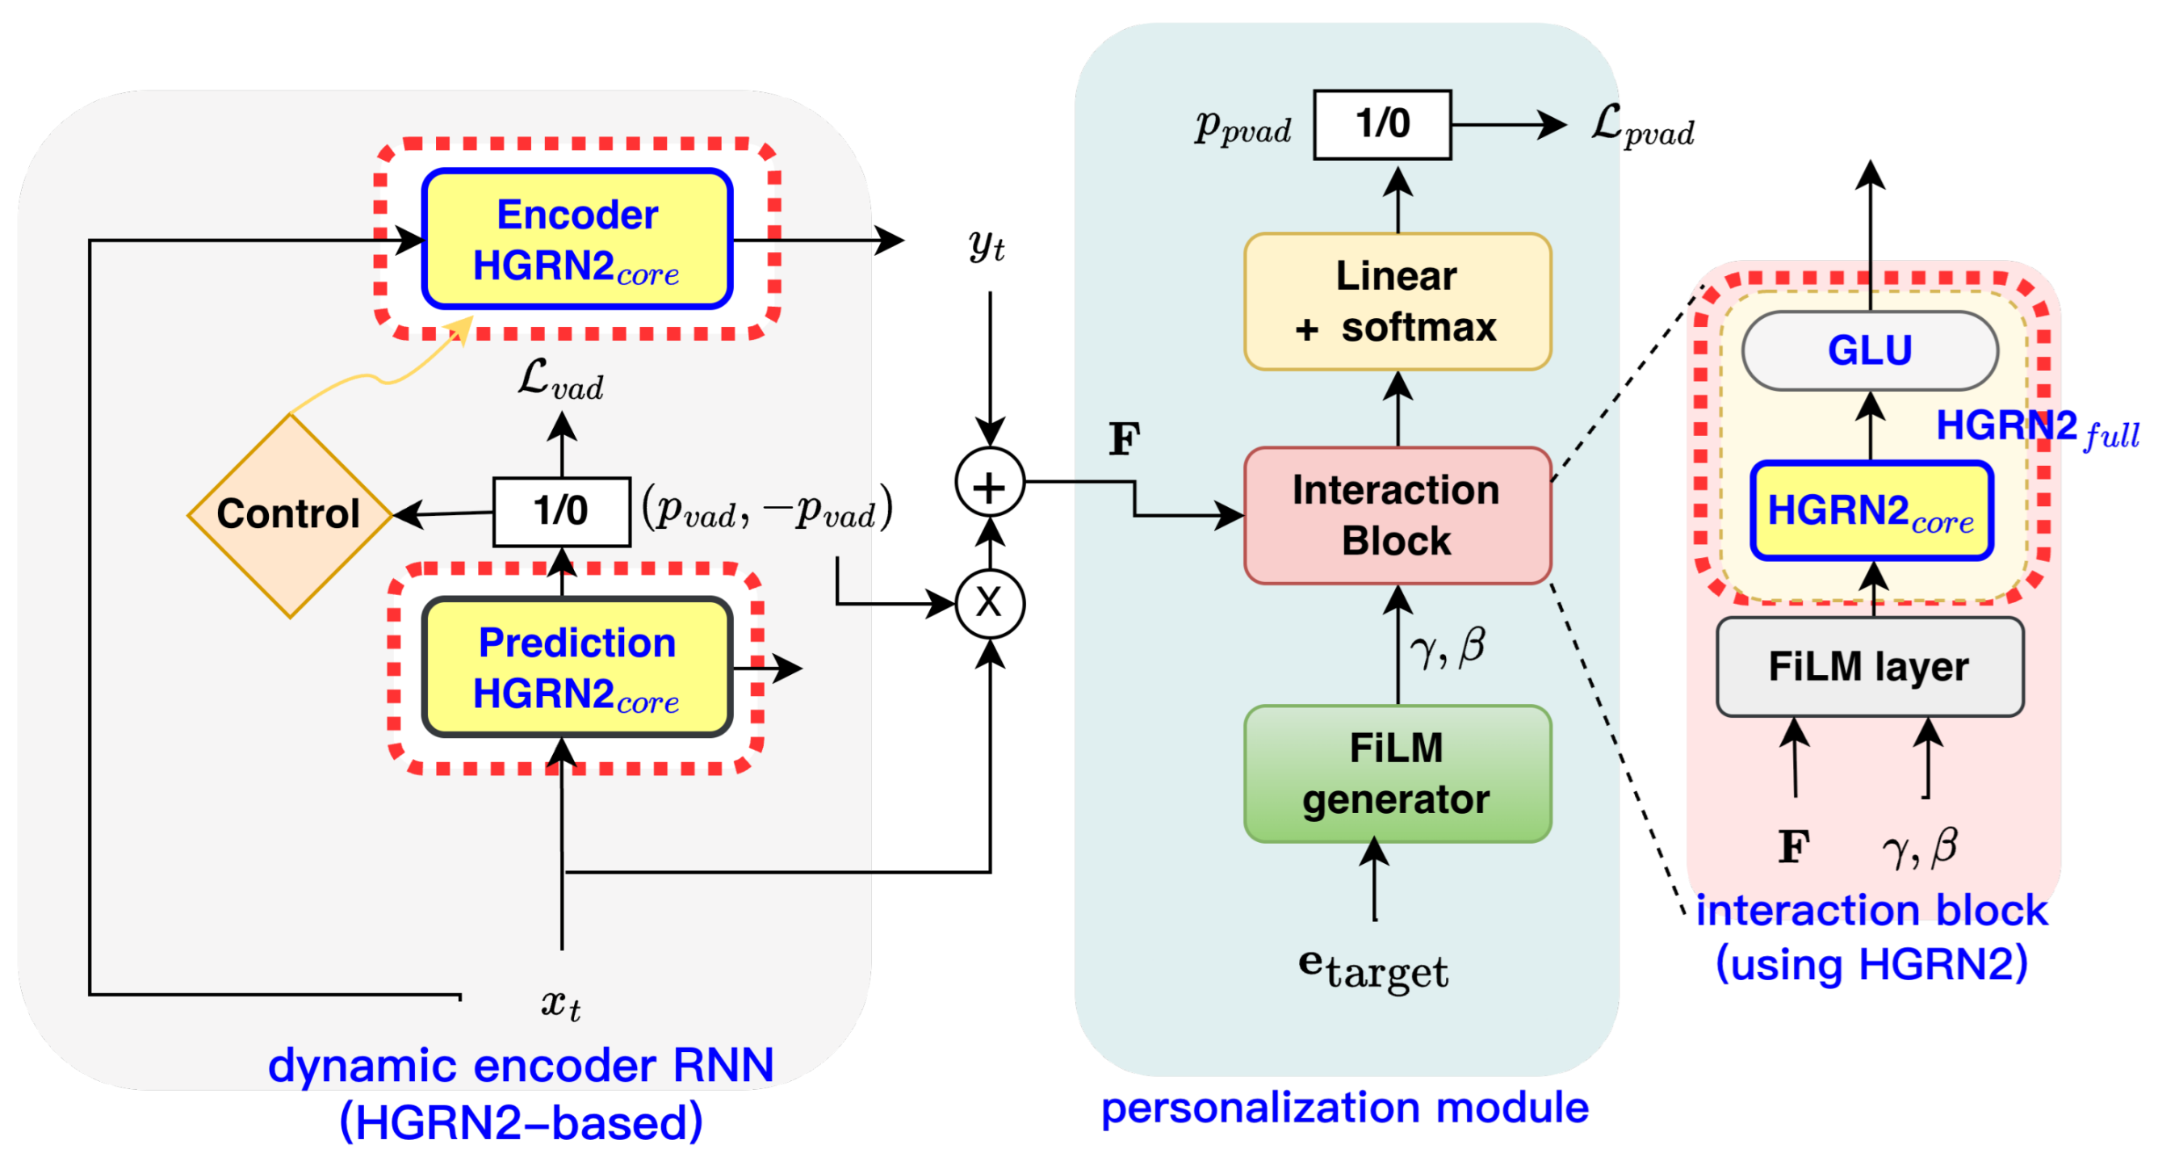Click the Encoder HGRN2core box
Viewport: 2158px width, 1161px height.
pyautogui.click(x=577, y=240)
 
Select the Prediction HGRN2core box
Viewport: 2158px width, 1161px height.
pyautogui.click(x=577, y=668)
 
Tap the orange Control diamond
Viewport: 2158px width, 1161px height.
pyautogui.click(x=290, y=514)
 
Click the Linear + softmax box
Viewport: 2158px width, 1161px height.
pyautogui.click(x=1397, y=302)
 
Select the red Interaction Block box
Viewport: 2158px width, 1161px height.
pyautogui.click(x=1397, y=515)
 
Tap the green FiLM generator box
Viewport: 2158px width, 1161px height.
pyautogui.click(x=1397, y=773)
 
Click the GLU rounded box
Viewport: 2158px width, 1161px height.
pyautogui.click(x=1869, y=350)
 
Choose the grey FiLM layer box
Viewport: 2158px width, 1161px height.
pyautogui.click(x=1869, y=667)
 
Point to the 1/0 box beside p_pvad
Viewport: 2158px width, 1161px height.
pyautogui.click(x=1381, y=124)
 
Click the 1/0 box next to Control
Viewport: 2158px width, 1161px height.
pyautogui.click(x=561, y=511)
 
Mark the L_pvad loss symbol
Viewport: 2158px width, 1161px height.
pyautogui.click(x=1641, y=127)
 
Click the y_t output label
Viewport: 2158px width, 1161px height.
pyautogui.click(x=986, y=245)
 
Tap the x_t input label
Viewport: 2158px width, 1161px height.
pyautogui.click(x=560, y=1004)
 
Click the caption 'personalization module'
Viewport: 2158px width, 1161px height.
pyautogui.click(x=1343, y=1108)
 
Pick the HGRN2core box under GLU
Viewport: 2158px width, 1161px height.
pyautogui.click(x=1871, y=511)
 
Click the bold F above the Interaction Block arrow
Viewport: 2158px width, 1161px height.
pyautogui.click(x=1125, y=439)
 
